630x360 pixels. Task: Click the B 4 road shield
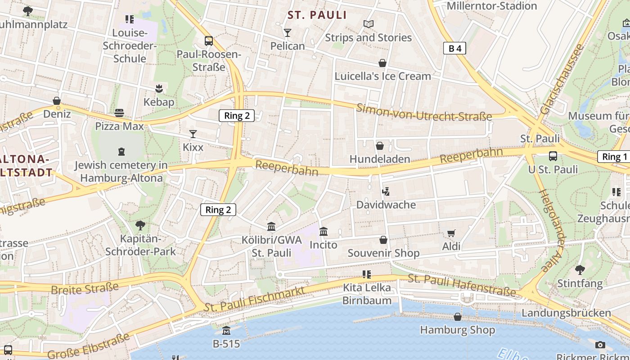pyautogui.click(x=454, y=49)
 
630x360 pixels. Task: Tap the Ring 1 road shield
pyautogui.click(x=614, y=157)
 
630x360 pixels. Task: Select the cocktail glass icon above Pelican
pyautogui.click(x=288, y=33)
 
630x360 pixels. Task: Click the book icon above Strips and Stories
pyautogui.click(x=369, y=24)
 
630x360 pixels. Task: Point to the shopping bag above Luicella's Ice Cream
pyautogui.click(x=382, y=63)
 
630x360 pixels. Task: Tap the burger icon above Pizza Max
pyautogui.click(x=119, y=112)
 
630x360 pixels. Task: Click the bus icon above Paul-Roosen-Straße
pyautogui.click(x=208, y=41)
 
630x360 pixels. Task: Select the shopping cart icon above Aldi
pyautogui.click(x=451, y=233)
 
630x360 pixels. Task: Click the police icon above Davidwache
pyautogui.click(x=386, y=192)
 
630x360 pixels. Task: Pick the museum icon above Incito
pyautogui.click(x=323, y=232)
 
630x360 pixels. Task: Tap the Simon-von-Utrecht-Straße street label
pyautogui.click(x=424, y=112)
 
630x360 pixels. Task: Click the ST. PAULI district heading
pyautogui.click(x=317, y=15)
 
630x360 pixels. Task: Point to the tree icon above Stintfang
pyautogui.click(x=580, y=270)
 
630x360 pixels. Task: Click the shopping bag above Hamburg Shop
pyautogui.click(x=457, y=317)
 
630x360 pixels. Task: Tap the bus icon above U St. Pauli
pyautogui.click(x=553, y=156)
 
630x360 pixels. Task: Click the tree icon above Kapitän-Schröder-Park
pyautogui.click(x=140, y=225)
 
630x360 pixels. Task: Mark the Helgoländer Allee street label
pyautogui.click(x=552, y=230)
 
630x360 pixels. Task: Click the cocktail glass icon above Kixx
pyautogui.click(x=193, y=134)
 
